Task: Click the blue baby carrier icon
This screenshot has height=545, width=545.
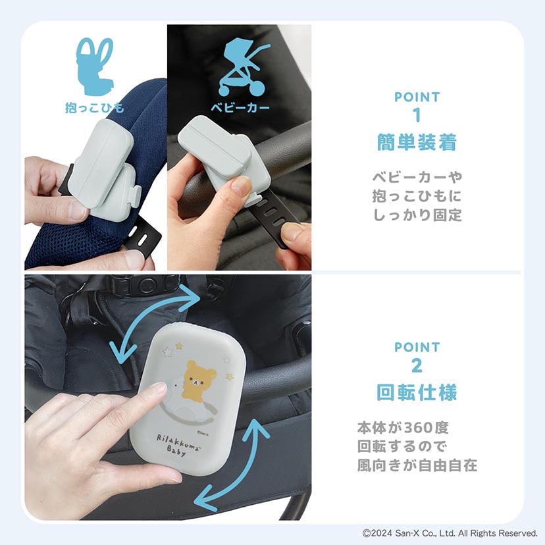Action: (x=95, y=66)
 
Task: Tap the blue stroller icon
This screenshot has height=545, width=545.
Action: (x=243, y=67)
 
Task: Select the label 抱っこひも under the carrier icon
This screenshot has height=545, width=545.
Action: (x=95, y=108)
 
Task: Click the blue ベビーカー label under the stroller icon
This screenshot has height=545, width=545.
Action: (x=240, y=107)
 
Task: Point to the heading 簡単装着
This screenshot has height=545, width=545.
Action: (x=417, y=143)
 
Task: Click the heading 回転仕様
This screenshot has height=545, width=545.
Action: (x=417, y=393)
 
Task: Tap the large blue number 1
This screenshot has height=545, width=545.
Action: (x=417, y=115)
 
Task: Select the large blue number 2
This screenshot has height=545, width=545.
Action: (x=417, y=365)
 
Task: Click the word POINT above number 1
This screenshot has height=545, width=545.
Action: (x=417, y=97)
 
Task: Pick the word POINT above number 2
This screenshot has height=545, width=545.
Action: (x=417, y=348)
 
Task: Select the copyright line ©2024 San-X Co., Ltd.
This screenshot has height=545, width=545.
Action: (x=450, y=533)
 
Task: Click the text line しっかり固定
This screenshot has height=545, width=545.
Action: (x=417, y=215)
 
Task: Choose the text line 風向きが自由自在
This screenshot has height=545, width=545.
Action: (x=417, y=465)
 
